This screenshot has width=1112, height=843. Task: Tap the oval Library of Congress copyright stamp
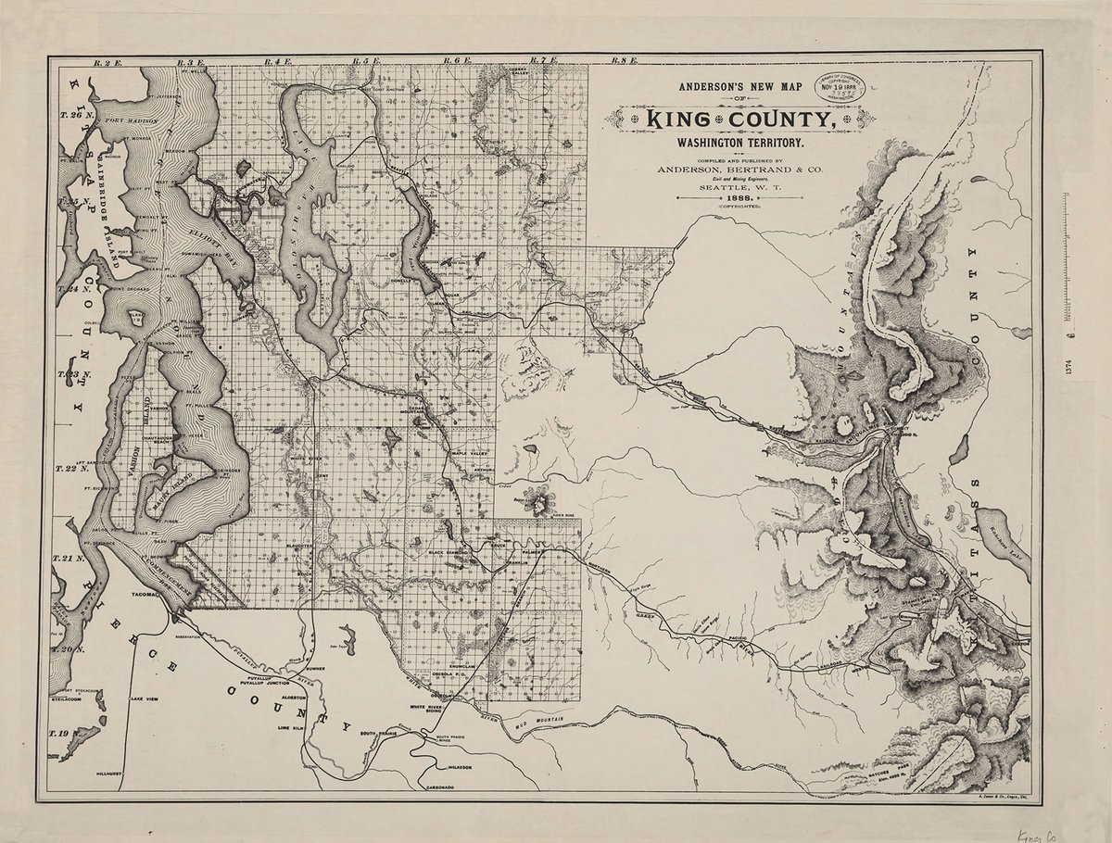(x=844, y=89)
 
